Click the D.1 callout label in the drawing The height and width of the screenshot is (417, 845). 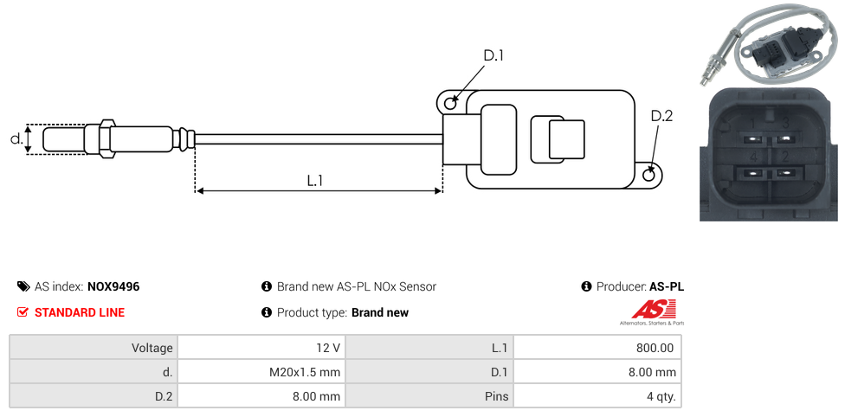tap(493, 56)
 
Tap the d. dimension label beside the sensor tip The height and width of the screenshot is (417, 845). tap(16, 138)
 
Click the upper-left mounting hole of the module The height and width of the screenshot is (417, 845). tap(450, 104)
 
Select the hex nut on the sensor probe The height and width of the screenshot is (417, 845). tap(107, 138)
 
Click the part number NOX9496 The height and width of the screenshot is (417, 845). tap(113, 286)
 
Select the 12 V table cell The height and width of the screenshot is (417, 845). tap(328, 348)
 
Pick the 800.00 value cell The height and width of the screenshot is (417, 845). tap(655, 348)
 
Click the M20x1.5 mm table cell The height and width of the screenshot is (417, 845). tap(304, 372)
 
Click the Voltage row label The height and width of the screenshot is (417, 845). tap(152, 348)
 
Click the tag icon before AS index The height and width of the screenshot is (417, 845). tap(23, 286)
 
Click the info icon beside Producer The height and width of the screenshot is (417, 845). tap(586, 286)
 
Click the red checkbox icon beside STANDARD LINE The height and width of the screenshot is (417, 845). tap(23, 312)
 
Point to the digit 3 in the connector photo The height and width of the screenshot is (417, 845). tap(784, 122)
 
